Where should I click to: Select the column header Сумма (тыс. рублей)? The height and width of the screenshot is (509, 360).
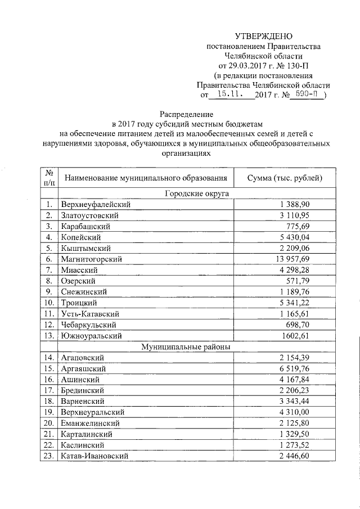click(x=285, y=178)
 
